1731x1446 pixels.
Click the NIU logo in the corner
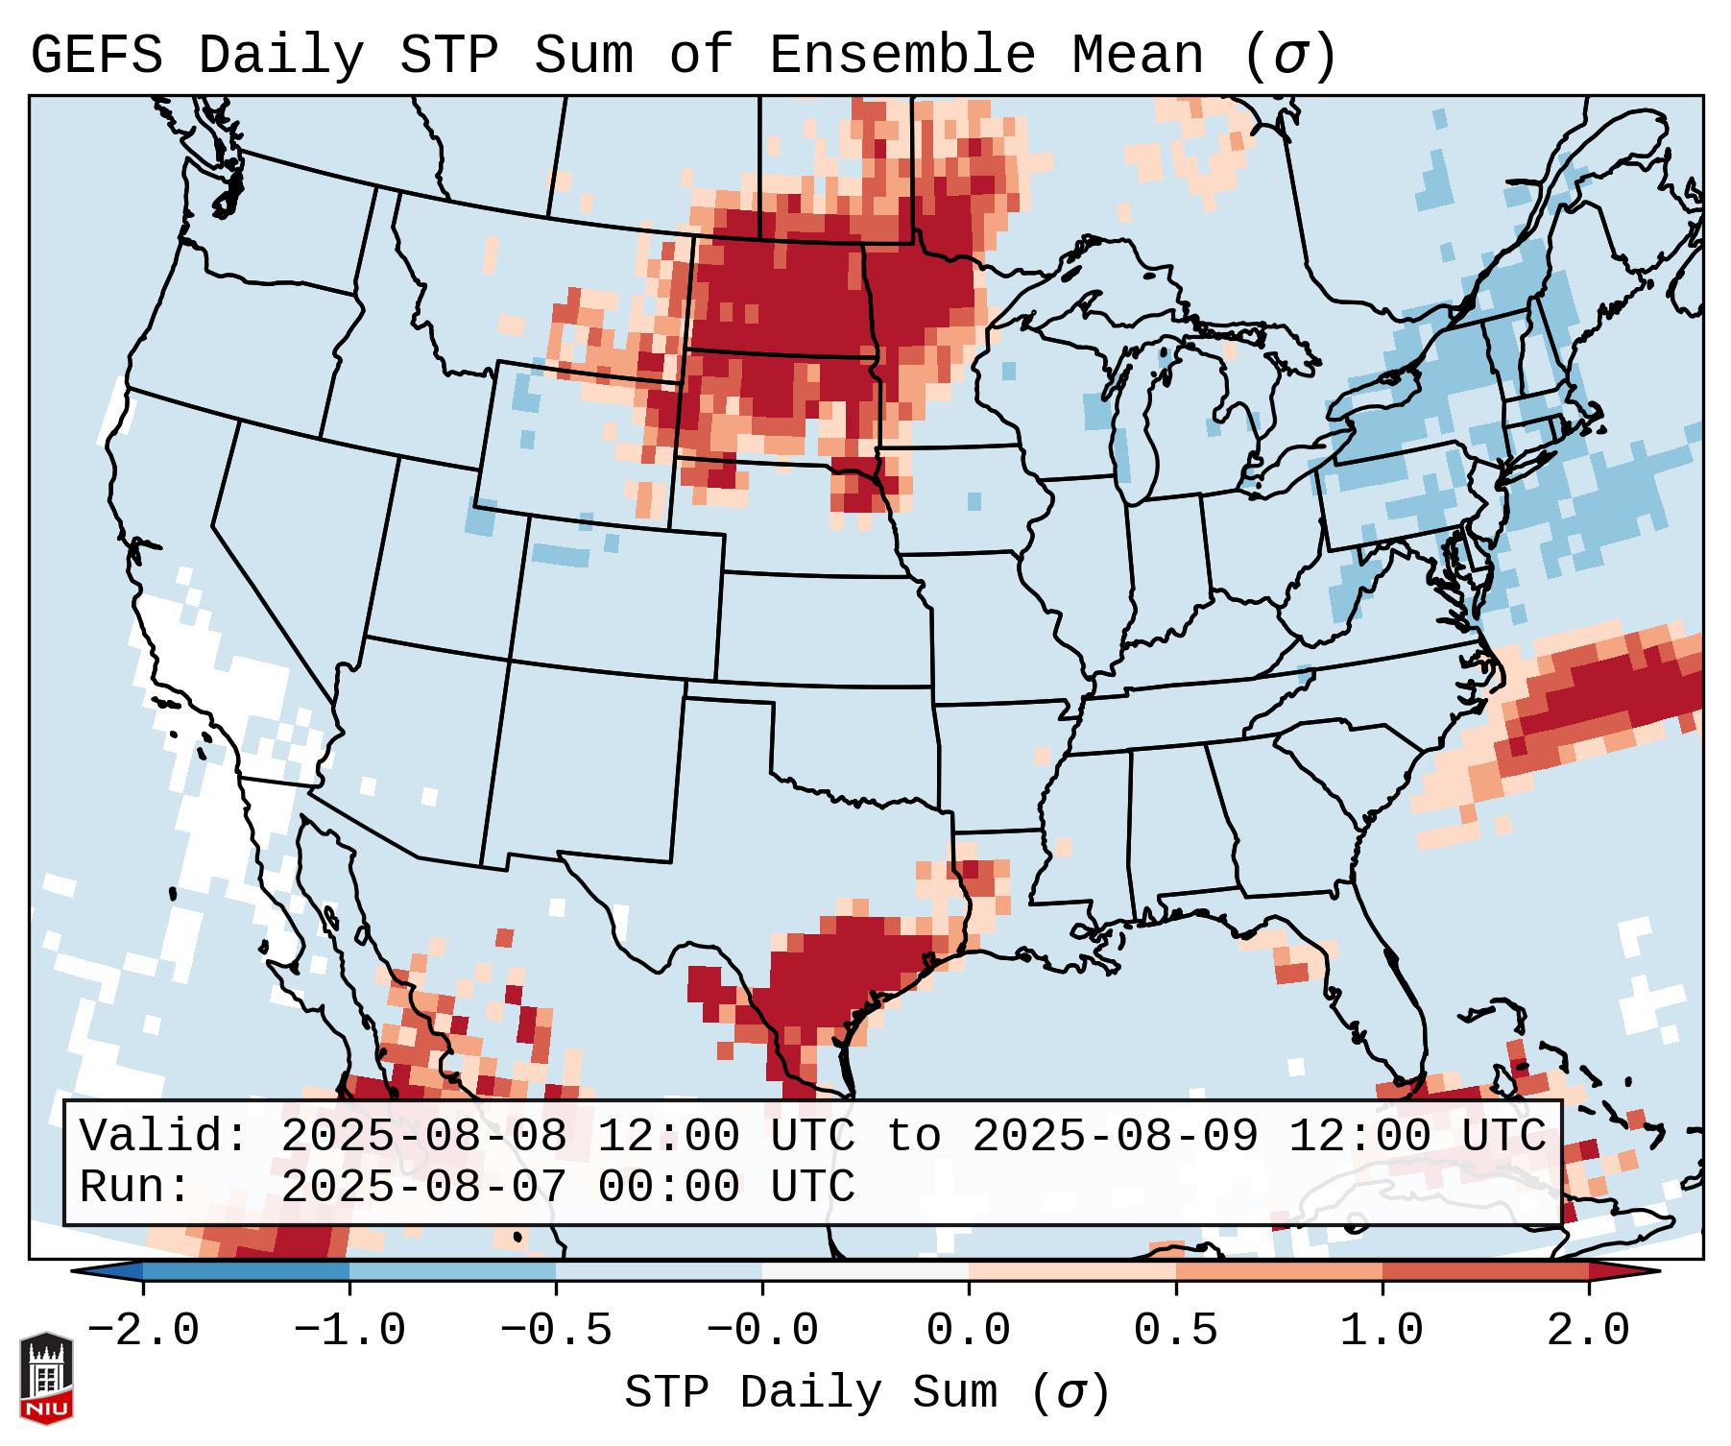46,1377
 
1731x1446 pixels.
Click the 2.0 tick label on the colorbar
1588,1331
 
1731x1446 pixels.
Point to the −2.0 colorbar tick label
143,1331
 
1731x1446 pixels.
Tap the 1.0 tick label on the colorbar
1382,1331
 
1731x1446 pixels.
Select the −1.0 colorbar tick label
349,1331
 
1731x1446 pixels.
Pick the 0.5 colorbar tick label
1175,1331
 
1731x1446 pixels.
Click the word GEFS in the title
97,55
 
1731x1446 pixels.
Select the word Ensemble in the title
902,55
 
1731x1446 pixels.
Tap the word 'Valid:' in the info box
164,1136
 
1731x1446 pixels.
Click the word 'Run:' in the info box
135,1187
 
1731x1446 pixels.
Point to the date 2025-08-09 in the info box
1115,1136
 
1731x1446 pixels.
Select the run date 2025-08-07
423,1187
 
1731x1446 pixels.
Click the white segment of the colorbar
865,1272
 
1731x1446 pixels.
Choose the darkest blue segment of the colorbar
246,1272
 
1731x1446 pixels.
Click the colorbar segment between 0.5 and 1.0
1279,1272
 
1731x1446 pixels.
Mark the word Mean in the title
1137,55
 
